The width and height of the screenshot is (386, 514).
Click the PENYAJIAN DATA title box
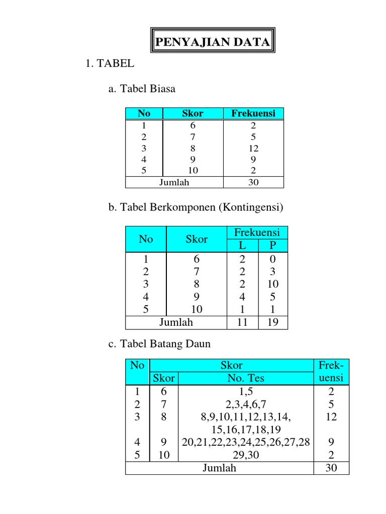tap(212, 43)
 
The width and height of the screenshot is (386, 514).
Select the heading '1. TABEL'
tap(110, 64)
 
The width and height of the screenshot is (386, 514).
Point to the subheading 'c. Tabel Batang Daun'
tap(159, 344)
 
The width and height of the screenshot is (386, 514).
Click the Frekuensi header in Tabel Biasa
tap(253, 113)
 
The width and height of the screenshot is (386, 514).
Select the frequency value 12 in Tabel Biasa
tap(253, 148)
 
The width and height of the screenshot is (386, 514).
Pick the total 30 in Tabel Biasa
tap(253, 182)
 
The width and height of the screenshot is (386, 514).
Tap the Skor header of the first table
tap(192, 113)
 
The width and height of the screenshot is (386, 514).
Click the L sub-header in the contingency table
tap(242, 245)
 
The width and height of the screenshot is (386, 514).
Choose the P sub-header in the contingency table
tap(273, 245)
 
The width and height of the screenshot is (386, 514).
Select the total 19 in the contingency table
tap(273, 322)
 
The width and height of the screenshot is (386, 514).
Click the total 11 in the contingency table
tap(242, 322)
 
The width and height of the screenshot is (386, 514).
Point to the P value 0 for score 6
tap(273, 260)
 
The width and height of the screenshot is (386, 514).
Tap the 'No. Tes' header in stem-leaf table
tap(246, 378)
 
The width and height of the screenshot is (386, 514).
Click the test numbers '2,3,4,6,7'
tap(246, 404)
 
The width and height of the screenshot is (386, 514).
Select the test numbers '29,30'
tap(246, 455)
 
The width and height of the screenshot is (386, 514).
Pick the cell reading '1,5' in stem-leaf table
tap(246, 392)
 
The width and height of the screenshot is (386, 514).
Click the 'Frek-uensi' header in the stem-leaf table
tap(331, 371)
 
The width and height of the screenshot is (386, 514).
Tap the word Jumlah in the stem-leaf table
tap(219, 468)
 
